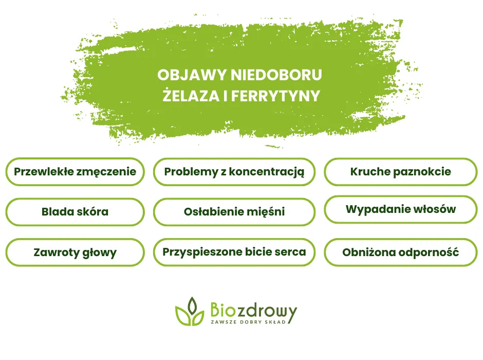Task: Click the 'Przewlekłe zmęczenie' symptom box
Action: [75, 172]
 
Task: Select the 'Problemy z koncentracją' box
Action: [234, 172]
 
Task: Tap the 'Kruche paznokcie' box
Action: [400, 172]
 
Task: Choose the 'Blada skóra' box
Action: [75, 211]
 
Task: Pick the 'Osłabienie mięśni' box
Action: [234, 211]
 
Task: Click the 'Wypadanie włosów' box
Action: [400, 209]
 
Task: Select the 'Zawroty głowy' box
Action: [75, 252]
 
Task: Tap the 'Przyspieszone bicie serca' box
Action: [234, 252]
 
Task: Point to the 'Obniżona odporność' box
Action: [400, 252]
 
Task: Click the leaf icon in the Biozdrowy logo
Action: [190, 312]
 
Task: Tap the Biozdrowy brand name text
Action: [253, 310]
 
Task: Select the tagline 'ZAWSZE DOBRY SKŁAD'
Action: [248, 322]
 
